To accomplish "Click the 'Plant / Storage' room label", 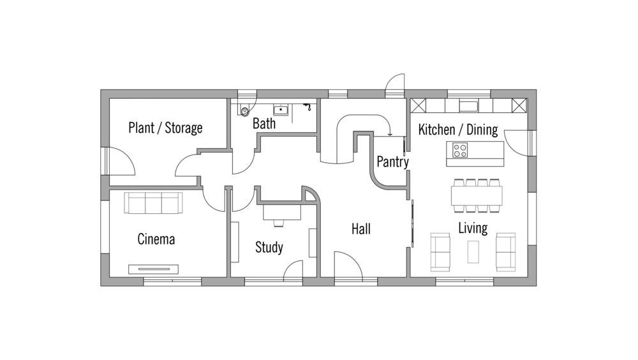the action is pos(165,128).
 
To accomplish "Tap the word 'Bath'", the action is pos(264,123).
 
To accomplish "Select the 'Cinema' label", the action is pos(156,239).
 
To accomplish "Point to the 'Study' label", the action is pos(269,247).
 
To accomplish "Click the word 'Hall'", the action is pos(361,229).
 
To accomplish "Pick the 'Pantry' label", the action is pos(392,162).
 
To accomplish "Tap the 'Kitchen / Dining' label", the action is pos(458,130).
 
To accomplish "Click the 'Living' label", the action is pos(473,228).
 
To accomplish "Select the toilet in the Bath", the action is pos(244,110).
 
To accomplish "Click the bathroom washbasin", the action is pos(281,109).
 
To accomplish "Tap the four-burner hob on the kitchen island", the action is pos(460,150).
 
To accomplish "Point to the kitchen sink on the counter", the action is pos(469,106).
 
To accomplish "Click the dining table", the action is pos(477,195).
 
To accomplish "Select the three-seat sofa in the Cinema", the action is pos(153,203).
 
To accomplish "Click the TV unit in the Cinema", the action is pos(153,269).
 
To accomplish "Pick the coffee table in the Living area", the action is pos(473,251).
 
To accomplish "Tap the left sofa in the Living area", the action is pos(440,252).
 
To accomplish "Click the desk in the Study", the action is pos(282,213).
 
